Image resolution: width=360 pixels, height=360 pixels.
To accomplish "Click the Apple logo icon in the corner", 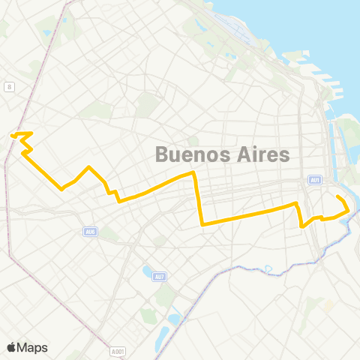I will coord(12,346).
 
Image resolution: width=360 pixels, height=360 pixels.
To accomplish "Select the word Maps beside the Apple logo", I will coord(32,346).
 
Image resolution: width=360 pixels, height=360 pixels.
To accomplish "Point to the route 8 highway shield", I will coord(8,87).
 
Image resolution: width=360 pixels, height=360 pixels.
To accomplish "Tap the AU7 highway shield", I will coord(160,277).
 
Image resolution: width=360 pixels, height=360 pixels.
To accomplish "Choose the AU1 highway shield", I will coord(314,180).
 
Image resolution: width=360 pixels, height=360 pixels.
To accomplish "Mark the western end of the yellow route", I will coord(12,135).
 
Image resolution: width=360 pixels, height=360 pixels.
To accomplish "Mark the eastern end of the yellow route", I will coord(337,197).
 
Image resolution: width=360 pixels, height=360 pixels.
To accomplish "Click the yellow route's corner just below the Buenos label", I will coord(194,173).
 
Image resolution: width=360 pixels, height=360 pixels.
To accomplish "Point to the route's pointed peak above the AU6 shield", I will coord(89,166).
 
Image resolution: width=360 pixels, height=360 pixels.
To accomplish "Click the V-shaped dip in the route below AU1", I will coord(301,226).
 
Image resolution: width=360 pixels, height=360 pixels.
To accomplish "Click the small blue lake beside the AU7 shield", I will coord(147,271).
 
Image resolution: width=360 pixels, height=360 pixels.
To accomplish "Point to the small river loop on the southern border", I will coord(268,268).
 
